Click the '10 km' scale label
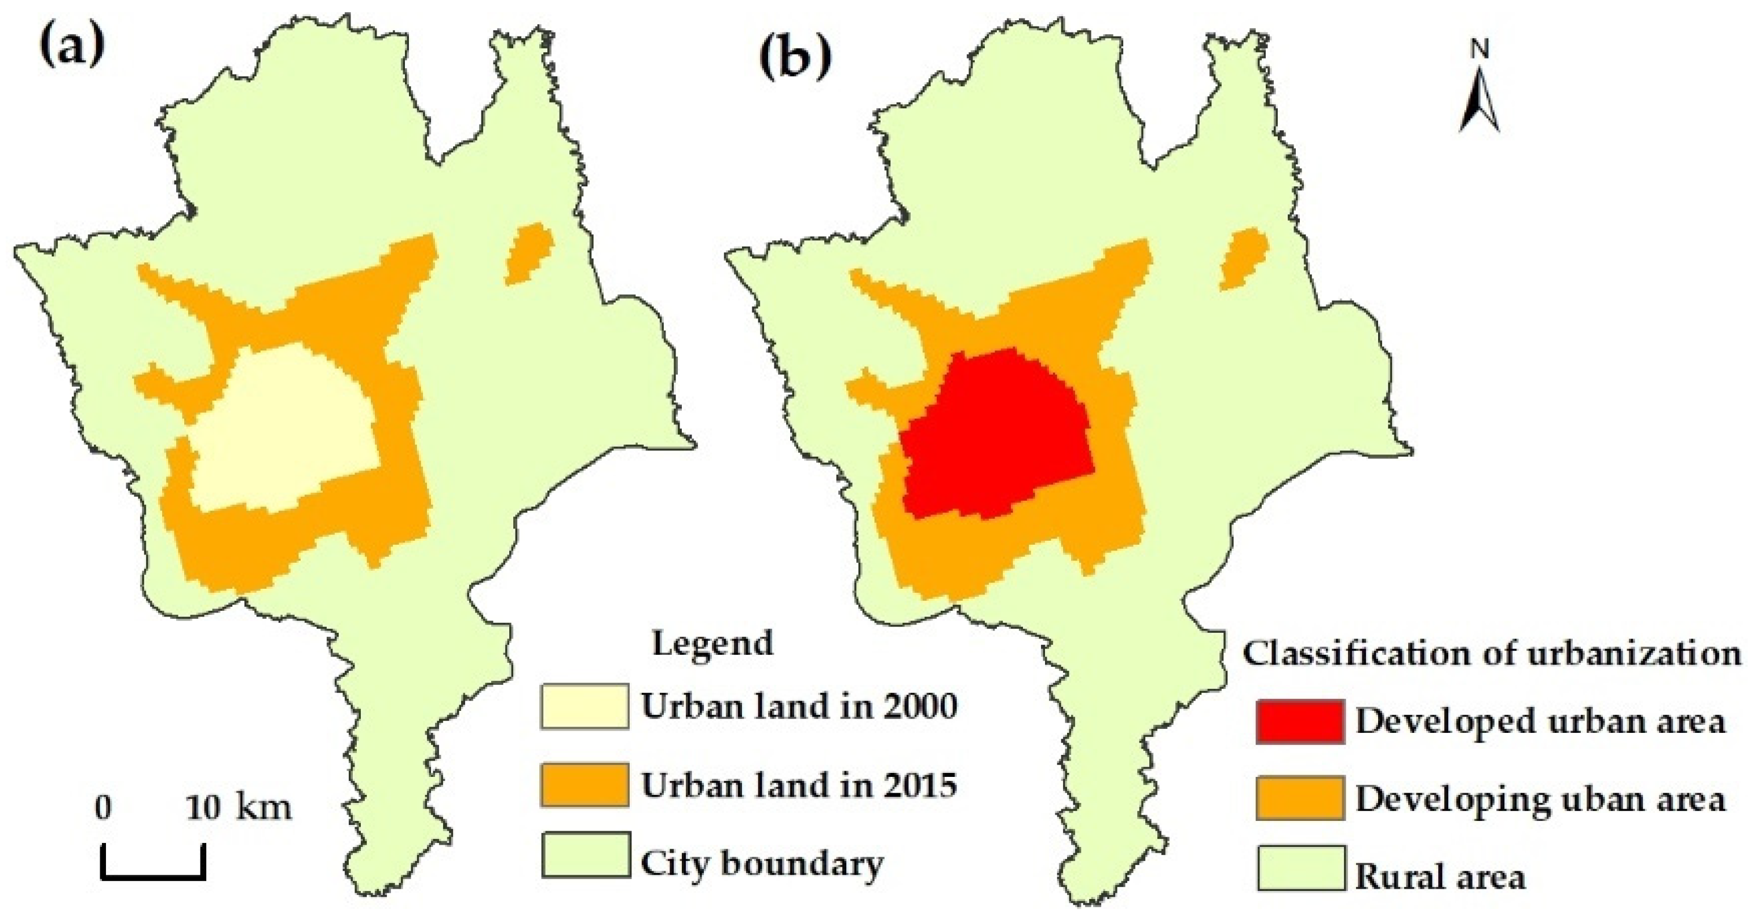239,808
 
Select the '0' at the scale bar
103,808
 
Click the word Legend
713,643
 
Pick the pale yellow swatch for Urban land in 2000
584,706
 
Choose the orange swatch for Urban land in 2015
584,785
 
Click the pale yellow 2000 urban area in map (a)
287,431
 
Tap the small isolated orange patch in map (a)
528,253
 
